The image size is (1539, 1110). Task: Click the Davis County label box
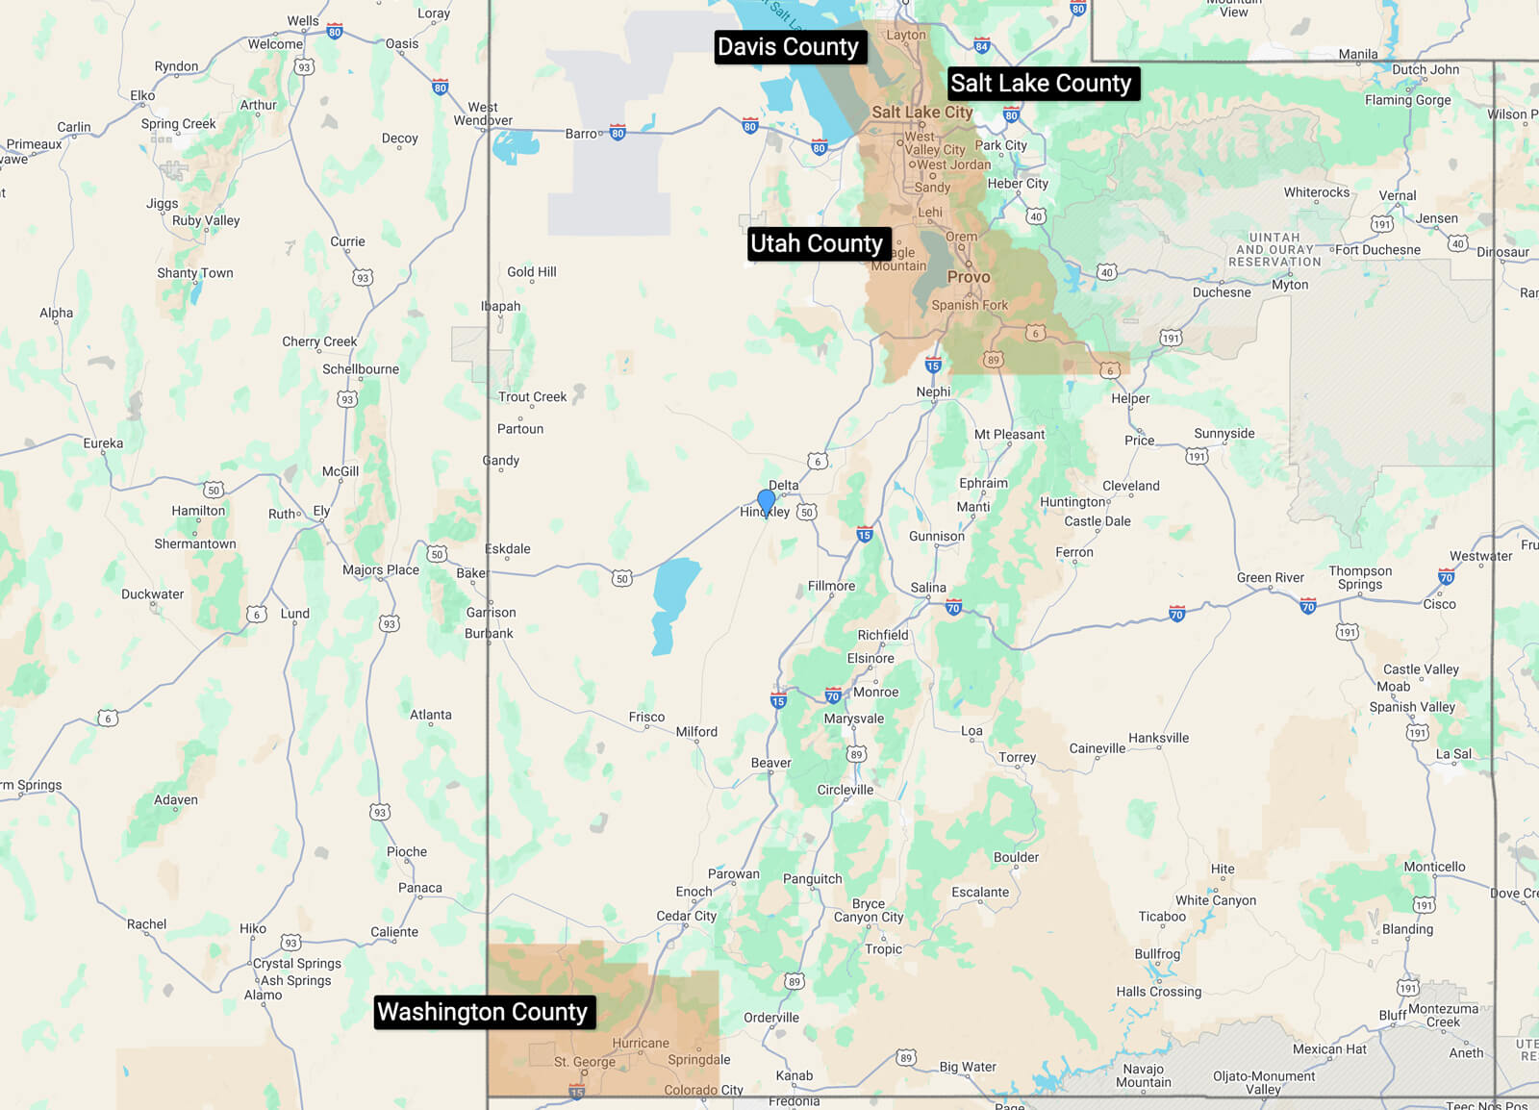click(788, 47)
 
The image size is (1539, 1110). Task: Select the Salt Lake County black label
click(1041, 84)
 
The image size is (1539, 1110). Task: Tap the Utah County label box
click(817, 243)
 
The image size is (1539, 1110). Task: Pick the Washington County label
click(482, 1012)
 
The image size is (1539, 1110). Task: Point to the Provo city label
click(969, 277)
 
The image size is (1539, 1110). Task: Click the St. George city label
click(585, 1062)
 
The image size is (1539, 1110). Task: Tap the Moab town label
click(1393, 687)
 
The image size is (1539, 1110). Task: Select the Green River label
click(1270, 578)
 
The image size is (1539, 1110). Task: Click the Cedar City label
click(686, 916)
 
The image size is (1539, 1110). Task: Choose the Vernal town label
click(1397, 195)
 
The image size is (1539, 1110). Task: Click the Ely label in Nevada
click(321, 511)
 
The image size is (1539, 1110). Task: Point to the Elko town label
click(142, 95)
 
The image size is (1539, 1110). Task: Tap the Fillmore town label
click(831, 586)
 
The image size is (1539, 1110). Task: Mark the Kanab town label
click(795, 1075)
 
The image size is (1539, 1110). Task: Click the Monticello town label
click(1434, 867)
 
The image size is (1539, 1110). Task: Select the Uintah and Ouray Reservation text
click(1274, 249)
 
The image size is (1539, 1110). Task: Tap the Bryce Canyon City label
click(868, 910)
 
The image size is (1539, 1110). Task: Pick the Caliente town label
click(394, 932)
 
